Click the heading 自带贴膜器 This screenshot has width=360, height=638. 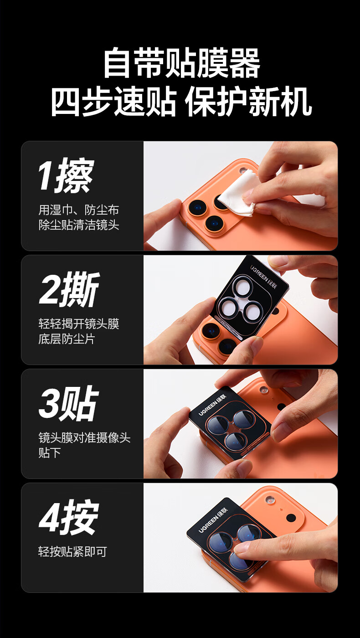pos(181,63)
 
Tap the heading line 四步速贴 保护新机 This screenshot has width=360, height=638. pos(181,102)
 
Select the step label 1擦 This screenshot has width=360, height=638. pos(66,175)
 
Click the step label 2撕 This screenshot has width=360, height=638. pos(69,289)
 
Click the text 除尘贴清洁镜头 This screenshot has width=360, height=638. pos(78,225)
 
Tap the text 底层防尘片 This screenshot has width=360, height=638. pos(67,339)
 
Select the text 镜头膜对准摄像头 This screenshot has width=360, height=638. pos(84,437)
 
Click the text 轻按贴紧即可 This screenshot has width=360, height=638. pos(72,551)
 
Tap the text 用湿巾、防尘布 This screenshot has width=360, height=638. pos(78,210)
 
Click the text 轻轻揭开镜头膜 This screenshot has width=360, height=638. pos(78,324)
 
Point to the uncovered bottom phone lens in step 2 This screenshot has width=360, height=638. pos(228,346)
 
